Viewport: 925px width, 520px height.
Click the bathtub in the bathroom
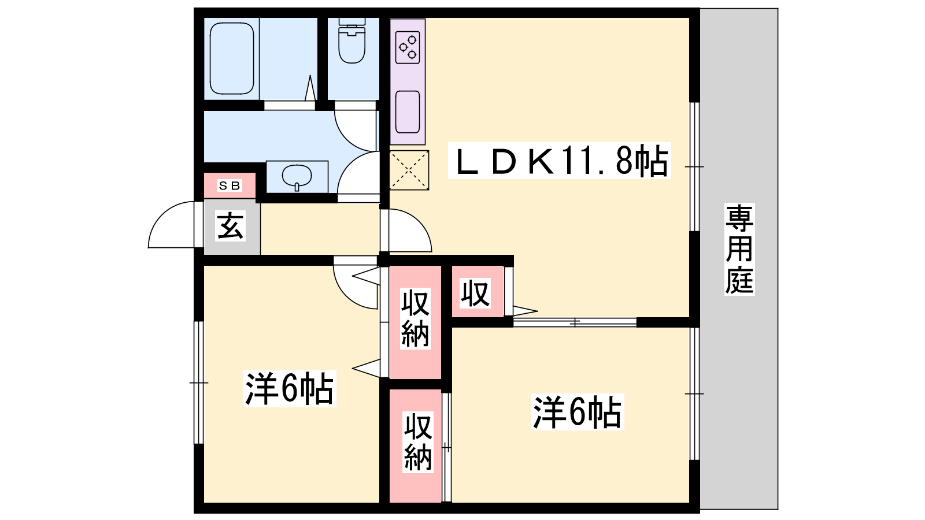click(232, 58)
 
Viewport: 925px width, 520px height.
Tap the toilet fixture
click(352, 40)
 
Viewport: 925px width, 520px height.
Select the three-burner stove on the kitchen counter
click(408, 47)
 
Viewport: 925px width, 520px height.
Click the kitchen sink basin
click(408, 112)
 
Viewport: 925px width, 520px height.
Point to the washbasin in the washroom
click(297, 177)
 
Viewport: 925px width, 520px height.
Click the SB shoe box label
click(230, 185)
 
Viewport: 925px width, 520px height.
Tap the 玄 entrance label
click(230, 226)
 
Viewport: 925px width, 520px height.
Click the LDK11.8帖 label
click(560, 161)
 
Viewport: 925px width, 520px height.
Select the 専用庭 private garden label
click(739, 249)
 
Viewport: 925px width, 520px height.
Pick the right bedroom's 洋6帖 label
click(578, 412)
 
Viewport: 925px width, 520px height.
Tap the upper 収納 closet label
click(416, 318)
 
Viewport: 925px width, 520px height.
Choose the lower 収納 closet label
click(418, 442)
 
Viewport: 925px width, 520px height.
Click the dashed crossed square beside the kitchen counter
click(409, 170)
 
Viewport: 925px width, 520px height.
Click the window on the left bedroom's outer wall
click(199, 382)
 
